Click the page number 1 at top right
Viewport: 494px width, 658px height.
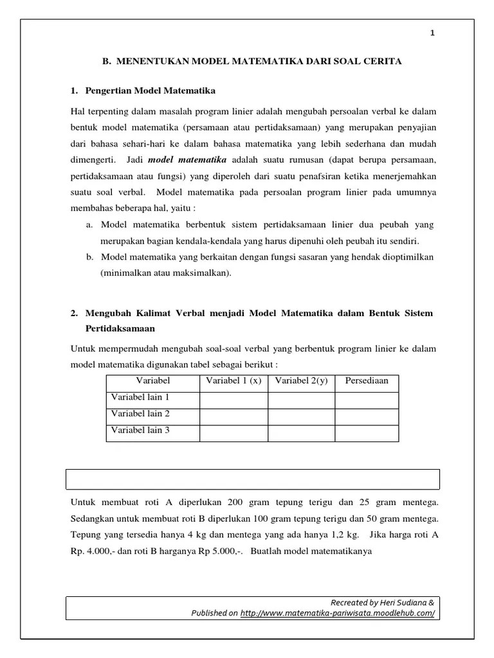pyautogui.click(x=433, y=34)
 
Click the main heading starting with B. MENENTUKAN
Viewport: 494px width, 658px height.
pyautogui.click(x=252, y=62)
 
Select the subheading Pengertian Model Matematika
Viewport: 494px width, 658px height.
pyautogui.click(x=151, y=90)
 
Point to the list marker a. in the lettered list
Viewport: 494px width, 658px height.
pyautogui.click(x=89, y=225)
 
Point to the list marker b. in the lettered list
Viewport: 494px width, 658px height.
pyautogui.click(x=89, y=257)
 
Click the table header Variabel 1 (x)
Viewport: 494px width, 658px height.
pyautogui.click(x=233, y=381)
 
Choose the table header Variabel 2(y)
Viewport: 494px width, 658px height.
pyautogui.click(x=301, y=381)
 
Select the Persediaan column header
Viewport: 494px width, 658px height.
pyautogui.click(x=367, y=381)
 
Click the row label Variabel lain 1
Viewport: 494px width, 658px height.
pyautogui.click(x=140, y=398)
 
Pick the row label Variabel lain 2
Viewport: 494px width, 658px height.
pyautogui.click(x=140, y=414)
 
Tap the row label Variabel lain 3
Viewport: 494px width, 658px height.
pyautogui.click(x=140, y=431)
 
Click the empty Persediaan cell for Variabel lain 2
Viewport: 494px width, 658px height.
pyautogui.click(x=367, y=416)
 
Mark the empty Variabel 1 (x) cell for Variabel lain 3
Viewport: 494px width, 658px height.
pyautogui.click(x=233, y=433)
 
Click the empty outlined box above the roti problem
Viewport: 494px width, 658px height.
pyautogui.click(x=253, y=479)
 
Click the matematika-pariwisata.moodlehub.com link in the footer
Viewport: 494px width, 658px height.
pyautogui.click(x=337, y=613)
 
